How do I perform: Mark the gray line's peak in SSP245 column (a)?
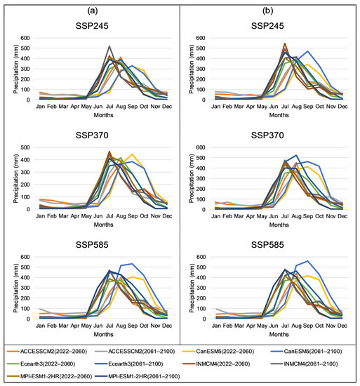109,46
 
